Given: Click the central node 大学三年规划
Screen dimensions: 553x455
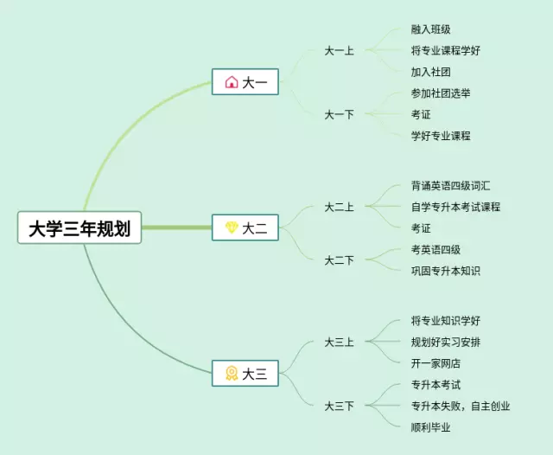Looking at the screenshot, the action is (x=79, y=227).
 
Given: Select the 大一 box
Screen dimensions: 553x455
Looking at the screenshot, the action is (x=245, y=82).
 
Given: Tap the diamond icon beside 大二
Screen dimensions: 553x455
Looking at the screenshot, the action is (x=231, y=228).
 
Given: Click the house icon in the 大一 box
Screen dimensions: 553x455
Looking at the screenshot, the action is (x=231, y=82).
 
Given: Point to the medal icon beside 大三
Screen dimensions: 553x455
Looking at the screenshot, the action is (x=231, y=374).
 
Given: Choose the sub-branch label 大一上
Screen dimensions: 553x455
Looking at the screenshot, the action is (x=339, y=50).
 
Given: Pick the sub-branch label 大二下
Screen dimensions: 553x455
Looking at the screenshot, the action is (x=339, y=260).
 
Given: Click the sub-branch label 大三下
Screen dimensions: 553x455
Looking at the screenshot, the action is (x=339, y=405).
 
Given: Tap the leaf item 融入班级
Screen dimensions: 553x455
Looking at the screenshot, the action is (x=430, y=29).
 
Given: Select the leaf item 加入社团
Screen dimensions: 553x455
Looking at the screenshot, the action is (x=430, y=72).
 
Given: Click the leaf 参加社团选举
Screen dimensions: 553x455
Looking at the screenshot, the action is (x=441, y=93).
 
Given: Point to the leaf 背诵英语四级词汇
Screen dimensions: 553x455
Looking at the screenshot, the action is (x=451, y=186).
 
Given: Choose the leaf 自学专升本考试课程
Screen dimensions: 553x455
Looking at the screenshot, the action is (x=455, y=207).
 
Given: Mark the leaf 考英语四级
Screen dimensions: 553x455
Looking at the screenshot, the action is (x=435, y=250).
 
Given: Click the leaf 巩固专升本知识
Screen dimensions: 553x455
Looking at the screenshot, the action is (x=446, y=271).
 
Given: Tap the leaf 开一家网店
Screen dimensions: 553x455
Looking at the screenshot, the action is (x=435, y=362).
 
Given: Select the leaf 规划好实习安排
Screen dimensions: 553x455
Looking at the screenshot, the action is (x=446, y=342).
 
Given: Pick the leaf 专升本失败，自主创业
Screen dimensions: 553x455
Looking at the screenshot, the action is (x=461, y=405).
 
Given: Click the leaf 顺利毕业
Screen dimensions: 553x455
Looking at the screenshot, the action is (x=430, y=426).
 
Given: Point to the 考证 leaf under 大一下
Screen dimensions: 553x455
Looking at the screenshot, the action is (x=421, y=114).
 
